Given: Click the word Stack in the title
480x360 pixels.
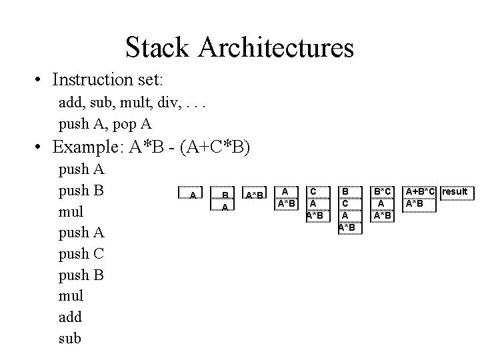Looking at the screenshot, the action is (157, 47).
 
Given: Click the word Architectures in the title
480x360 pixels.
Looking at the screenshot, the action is (276, 47).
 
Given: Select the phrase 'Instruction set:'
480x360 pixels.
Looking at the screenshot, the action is (107, 79).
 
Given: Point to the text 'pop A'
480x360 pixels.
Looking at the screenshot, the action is (132, 124).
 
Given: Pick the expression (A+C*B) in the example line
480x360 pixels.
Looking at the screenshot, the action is (215, 147).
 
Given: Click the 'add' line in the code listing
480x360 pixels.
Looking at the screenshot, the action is (70, 317).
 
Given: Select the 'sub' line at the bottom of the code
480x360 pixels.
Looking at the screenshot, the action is (70, 338).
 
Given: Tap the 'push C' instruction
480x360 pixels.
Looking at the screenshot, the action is (81, 254).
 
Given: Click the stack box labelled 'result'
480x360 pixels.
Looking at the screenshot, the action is (457, 193).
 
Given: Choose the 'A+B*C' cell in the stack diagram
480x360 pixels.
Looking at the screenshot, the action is (419, 192).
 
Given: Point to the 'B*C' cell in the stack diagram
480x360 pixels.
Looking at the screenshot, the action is (383, 192).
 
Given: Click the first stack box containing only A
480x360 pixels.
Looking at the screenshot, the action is (190, 193).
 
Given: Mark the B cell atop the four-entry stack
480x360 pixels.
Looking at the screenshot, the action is (350, 192).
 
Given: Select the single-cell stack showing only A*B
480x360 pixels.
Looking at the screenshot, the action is (255, 193).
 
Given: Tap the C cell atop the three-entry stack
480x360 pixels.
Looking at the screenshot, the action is (319, 192).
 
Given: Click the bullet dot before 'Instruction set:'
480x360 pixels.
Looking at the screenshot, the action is (37, 79).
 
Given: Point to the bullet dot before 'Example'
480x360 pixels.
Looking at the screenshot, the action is (37, 147).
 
